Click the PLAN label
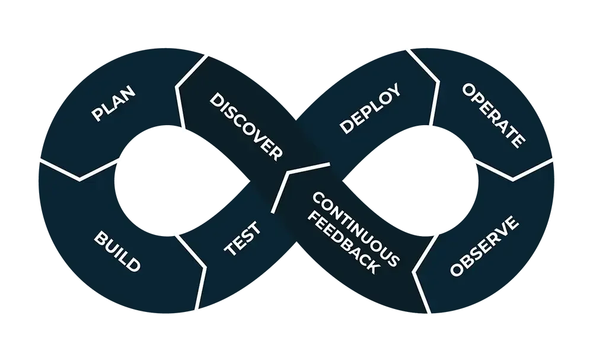[114, 104]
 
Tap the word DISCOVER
[246, 126]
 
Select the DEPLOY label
[370, 109]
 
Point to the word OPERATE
[493, 115]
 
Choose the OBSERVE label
[484, 247]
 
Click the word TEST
[241, 238]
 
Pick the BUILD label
[117, 251]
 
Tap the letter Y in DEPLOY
[394, 91]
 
